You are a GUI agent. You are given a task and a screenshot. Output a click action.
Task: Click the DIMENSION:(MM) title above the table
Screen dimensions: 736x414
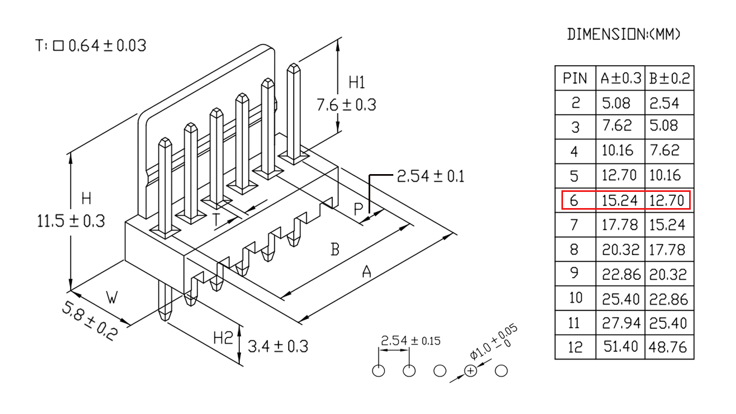coord(623,34)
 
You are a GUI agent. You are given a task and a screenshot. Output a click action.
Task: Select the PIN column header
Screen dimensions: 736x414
coord(575,78)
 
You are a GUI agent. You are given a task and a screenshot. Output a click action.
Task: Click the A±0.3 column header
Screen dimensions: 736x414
coord(621,78)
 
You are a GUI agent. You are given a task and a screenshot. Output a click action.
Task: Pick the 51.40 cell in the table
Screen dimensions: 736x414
coord(621,347)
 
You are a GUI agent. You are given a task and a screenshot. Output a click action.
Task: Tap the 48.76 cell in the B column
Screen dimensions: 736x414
coord(668,347)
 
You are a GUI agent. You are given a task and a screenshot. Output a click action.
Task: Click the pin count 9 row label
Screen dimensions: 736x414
coord(574,273)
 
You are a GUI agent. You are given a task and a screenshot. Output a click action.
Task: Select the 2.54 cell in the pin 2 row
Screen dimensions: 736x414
coord(664,103)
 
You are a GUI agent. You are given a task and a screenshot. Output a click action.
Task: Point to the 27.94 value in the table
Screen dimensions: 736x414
coord(621,323)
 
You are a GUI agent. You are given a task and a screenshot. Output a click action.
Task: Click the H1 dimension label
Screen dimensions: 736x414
coord(357,82)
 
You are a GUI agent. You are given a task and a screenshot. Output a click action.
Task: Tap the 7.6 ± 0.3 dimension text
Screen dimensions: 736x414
coord(346,105)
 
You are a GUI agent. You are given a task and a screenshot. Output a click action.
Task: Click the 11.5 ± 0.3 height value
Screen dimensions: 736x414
coord(71,221)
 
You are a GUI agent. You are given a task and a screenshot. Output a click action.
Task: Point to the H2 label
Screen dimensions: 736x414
coord(223,337)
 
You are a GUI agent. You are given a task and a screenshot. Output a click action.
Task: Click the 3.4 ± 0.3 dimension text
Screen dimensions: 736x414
coord(278,346)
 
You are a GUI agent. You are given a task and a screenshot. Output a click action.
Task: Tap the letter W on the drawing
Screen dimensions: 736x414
coord(112,298)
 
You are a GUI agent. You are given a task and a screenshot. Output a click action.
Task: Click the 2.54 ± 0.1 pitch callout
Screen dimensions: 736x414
coord(431,176)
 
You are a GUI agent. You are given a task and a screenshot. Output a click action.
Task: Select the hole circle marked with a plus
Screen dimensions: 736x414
coord(470,371)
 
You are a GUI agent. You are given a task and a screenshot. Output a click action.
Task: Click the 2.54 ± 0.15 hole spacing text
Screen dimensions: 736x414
coord(411,341)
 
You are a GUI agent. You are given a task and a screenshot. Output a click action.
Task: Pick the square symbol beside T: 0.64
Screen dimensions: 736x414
coord(58,46)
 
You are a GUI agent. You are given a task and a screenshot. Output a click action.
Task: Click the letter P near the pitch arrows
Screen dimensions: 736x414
coord(358,209)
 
